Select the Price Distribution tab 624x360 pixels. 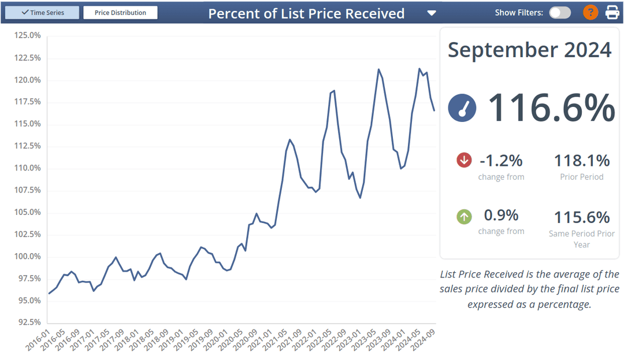120,13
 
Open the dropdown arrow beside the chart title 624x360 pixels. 432,13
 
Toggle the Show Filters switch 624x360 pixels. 559,13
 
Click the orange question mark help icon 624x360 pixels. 590,12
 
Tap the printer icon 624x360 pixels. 612,12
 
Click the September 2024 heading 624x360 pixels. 529,50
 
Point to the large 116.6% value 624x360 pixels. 551,107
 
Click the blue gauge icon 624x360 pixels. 462,108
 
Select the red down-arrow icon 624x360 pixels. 464,160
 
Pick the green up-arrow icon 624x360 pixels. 464,217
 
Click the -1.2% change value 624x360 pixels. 501,160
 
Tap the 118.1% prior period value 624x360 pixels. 582,160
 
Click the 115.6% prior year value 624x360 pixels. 582,217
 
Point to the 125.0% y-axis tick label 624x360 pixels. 27,36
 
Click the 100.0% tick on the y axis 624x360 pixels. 27,257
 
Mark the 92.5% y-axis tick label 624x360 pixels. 27,322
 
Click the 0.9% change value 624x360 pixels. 501,216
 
